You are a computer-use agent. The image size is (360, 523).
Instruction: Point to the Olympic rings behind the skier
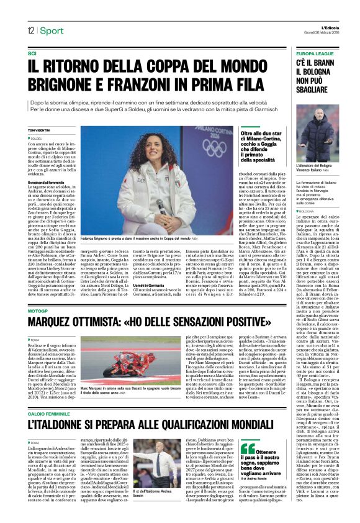click(199, 148)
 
